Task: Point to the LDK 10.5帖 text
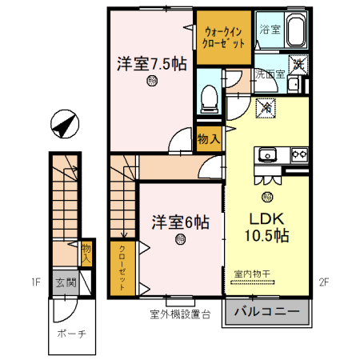(x=266, y=226)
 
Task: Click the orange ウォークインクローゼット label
(x=221, y=37)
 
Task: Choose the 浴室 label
(x=270, y=30)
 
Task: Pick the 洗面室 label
(x=270, y=74)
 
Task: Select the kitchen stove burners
(x=299, y=154)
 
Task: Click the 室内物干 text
(x=252, y=274)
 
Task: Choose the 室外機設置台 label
(x=179, y=314)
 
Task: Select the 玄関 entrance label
(x=65, y=282)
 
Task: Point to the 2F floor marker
(x=323, y=282)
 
